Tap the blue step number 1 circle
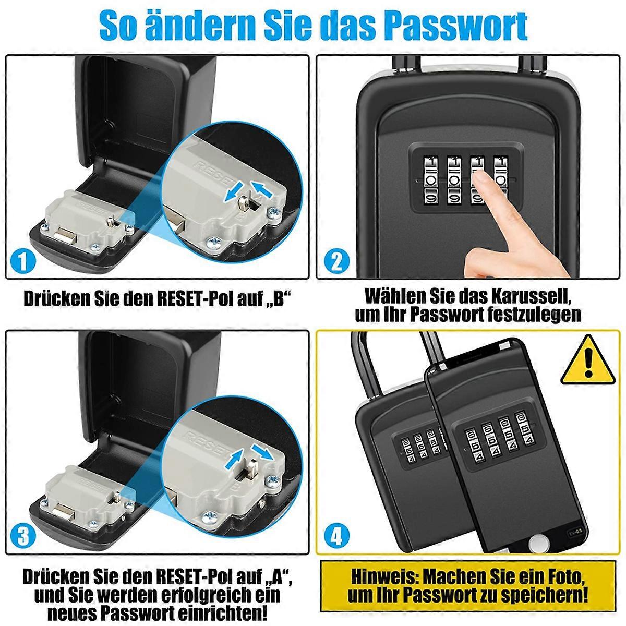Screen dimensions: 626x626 (23, 261)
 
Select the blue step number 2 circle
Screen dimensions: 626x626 (337, 261)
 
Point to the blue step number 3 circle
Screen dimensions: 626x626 (23, 536)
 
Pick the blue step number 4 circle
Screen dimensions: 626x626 (336, 536)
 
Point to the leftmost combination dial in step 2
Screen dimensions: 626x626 (431, 180)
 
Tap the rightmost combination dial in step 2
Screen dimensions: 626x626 (501, 180)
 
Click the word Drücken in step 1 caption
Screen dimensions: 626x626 (57, 298)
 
